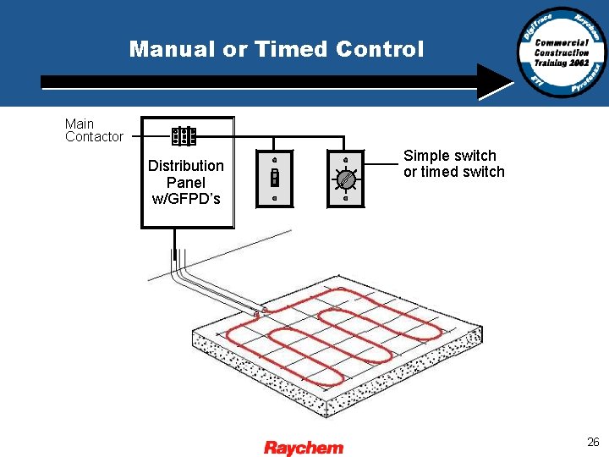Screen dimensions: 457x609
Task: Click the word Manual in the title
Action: [x=173, y=49]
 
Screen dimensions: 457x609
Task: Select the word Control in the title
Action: [x=380, y=49]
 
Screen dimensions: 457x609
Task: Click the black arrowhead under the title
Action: [x=494, y=82]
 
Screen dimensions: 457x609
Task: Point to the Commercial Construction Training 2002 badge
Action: [x=562, y=52]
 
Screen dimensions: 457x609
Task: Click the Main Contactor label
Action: [x=94, y=130]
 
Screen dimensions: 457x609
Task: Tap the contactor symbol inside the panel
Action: [x=184, y=136]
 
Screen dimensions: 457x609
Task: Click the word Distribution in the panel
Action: [x=186, y=165]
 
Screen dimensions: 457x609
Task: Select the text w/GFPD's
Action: [x=186, y=199]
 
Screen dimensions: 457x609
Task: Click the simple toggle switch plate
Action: [x=275, y=178]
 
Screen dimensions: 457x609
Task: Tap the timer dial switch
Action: [x=346, y=179]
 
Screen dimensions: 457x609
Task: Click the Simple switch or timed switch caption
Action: [x=453, y=163]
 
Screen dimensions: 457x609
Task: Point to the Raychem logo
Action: [x=304, y=447]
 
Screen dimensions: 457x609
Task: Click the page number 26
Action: [x=593, y=442]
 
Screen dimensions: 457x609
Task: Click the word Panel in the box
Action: [x=186, y=182]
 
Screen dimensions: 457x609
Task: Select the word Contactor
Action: [x=94, y=137]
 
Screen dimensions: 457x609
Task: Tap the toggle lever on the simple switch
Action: [x=275, y=178]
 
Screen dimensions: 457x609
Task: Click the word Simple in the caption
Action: [x=425, y=156]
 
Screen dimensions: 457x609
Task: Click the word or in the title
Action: [x=234, y=49]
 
